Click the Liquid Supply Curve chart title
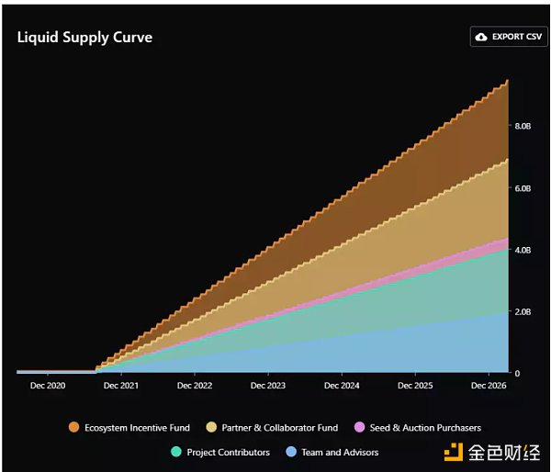pyautogui.click(x=84, y=38)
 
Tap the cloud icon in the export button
pyautogui.click(x=482, y=37)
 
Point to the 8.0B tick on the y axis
pyautogui.click(x=523, y=126)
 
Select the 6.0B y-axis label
pyautogui.click(x=523, y=188)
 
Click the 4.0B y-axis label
pyautogui.click(x=523, y=250)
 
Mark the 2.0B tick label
pyautogui.click(x=523, y=312)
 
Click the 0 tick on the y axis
pyautogui.click(x=517, y=374)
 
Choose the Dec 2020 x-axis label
pyautogui.click(x=48, y=387)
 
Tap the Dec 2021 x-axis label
pyautogui.click(x=121, y=387)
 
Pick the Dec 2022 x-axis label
pyautogui.click(x=195, y=387)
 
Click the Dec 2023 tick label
pyautogui.click(x=268, y=387)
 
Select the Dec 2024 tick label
pyautogui.click(x=342, y=387)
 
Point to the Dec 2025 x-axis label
pyautogui.click(x=415, y=387)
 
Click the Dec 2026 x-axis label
pyautogui.click(x=489, y=387)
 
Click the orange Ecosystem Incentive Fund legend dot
pyautogui.click(x=73, y=428)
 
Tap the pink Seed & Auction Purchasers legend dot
pyautogui.click(x=360, y=428)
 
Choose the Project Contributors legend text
pyautogui.click(x=228, y=452)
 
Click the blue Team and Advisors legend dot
pyautogui.click(x=291, y=452)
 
